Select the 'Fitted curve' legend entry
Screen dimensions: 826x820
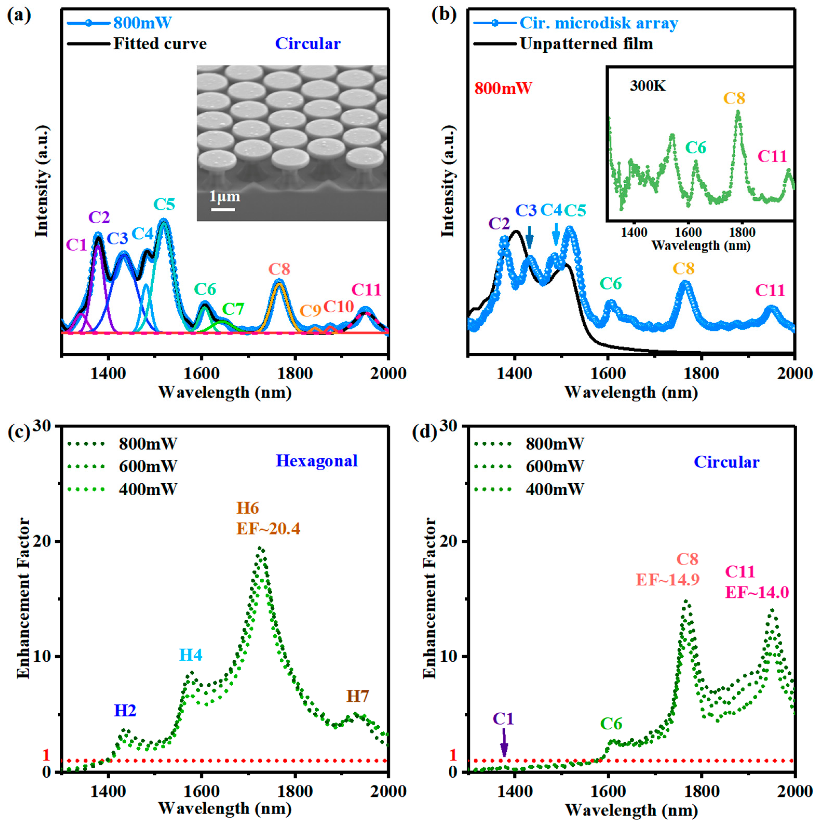(x=160, y=44)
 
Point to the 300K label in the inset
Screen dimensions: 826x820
(x=647, y=86)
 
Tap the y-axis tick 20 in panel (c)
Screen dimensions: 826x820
(x=48, y=541)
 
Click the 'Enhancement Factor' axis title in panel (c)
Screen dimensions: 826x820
(x=23, y=599)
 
